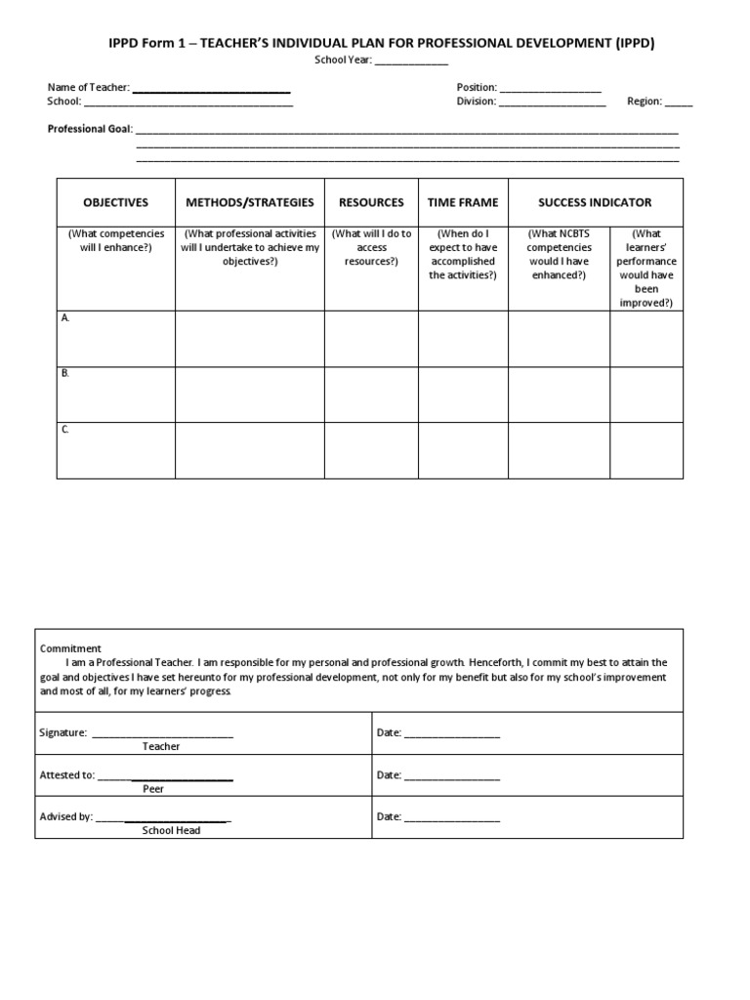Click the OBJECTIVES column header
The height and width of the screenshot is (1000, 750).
[x=115, y=202]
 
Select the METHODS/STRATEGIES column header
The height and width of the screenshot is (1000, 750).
[x=250, y=202]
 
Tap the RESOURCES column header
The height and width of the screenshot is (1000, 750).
[x=371, y=202]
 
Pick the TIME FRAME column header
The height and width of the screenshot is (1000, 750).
[x=463, y=202]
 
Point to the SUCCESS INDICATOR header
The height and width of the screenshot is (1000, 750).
[x=595, y=202]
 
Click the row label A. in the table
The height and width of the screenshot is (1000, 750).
[x=65, y=318]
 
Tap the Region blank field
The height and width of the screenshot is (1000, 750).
[x=679, y=103]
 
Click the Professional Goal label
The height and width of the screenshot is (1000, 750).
[x=90, y=129]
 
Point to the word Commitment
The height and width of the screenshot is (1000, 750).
[x=70, y=648]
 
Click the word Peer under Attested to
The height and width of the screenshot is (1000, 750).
[x=153, y=789]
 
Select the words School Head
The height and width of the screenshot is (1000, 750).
[x=171, y=831]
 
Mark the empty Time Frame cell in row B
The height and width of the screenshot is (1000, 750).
[x=463, y=395]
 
